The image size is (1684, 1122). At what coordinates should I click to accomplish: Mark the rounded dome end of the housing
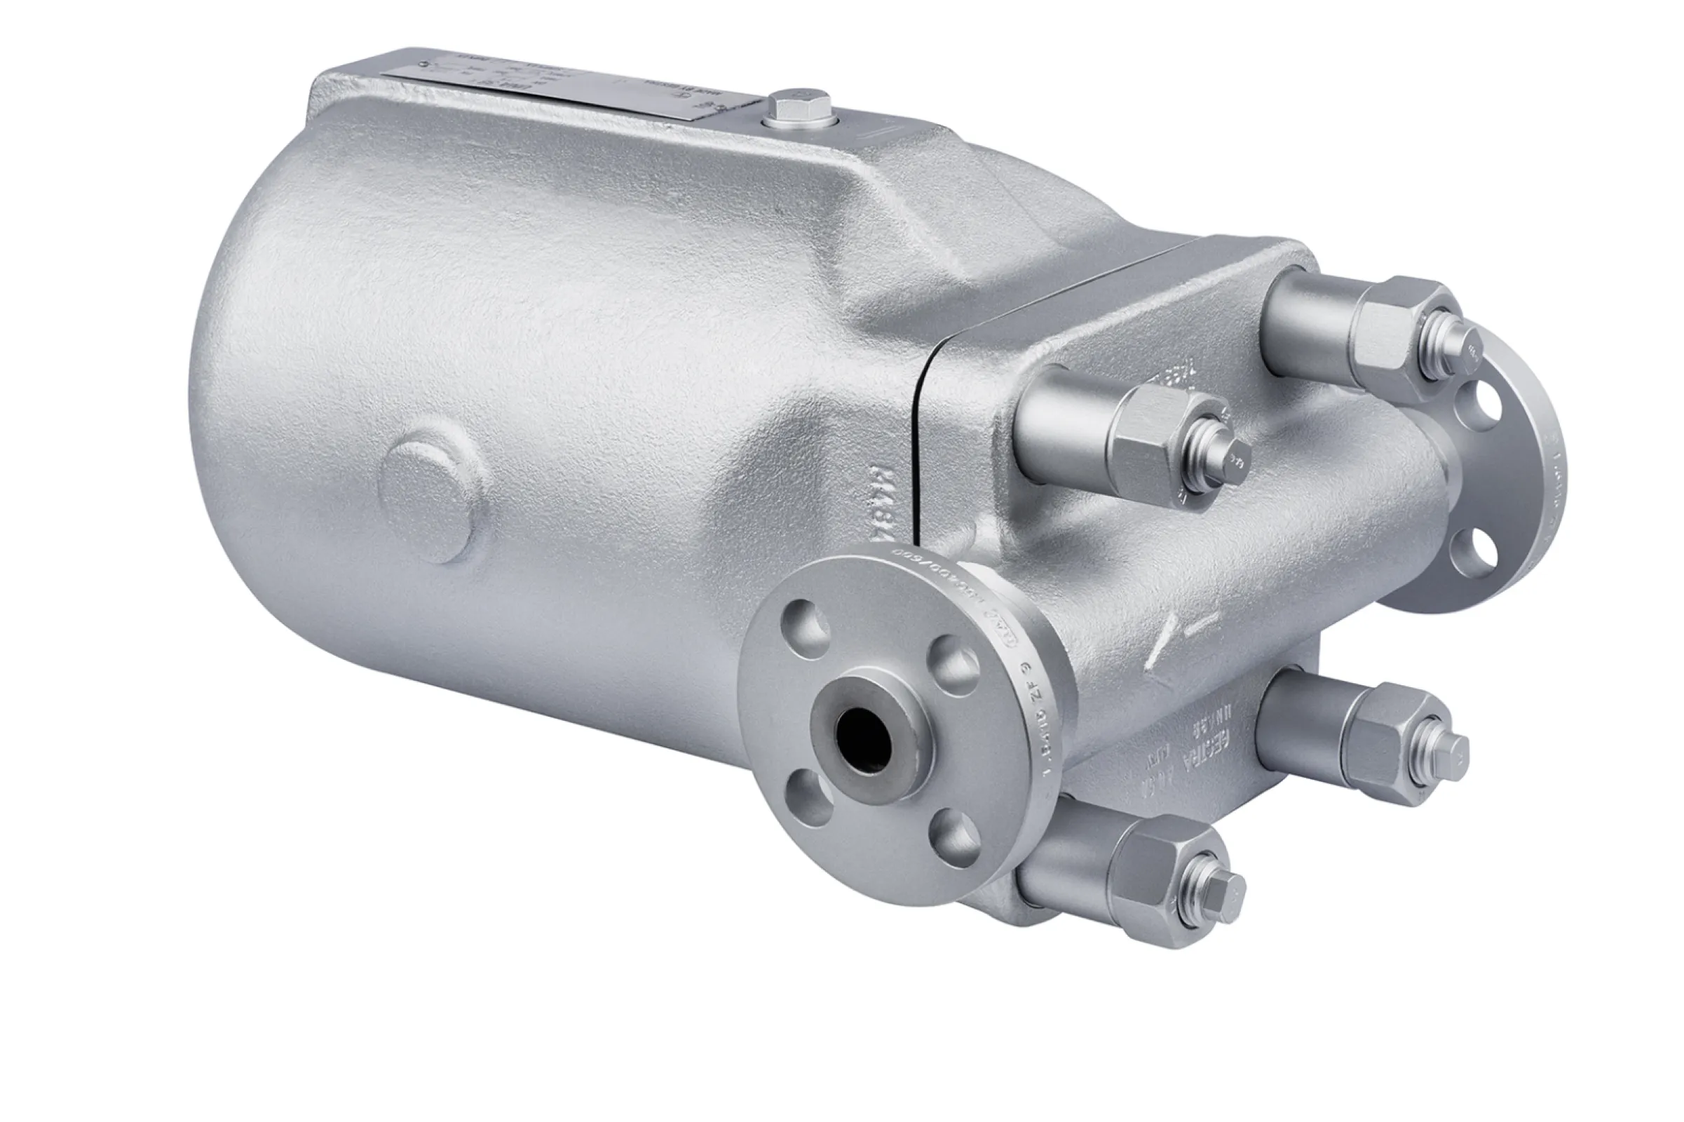[236, 400]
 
